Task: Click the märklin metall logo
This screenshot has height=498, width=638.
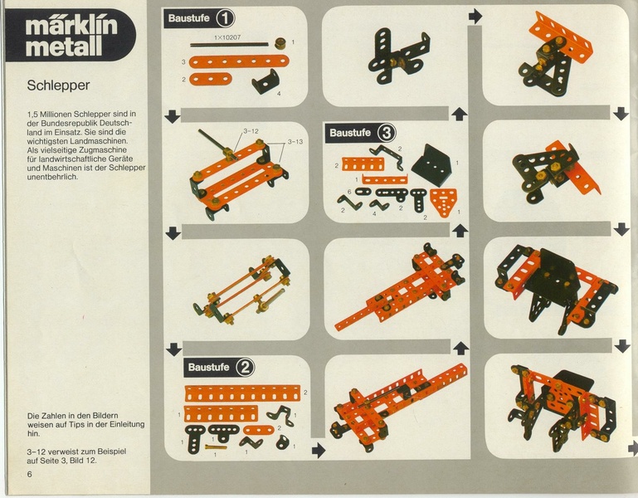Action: coord(71,36)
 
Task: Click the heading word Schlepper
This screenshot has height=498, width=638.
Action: coord(58,85)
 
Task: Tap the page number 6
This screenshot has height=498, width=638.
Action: coord(29,474)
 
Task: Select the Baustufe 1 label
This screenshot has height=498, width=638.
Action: coord(199,18)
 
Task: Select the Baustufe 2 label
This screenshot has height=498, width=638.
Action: coord(219,368)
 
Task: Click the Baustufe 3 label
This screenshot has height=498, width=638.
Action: coord(361,133)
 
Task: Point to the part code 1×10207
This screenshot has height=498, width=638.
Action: coord(227,37)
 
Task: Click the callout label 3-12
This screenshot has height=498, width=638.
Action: coord(251,131)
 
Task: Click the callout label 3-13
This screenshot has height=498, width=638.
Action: coord(295,142)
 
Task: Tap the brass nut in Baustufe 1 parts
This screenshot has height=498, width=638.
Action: coord(280,43)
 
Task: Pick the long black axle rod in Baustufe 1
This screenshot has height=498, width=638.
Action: coord(229,44)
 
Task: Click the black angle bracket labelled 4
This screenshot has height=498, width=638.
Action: coord(265,81)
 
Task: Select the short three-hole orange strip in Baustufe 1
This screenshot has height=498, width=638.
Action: coord(211,79)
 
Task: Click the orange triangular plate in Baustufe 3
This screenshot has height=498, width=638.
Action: coord(443,203)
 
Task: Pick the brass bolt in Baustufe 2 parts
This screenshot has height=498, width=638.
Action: coord(216,447)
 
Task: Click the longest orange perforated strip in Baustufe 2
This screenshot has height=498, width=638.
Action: coord(242,393)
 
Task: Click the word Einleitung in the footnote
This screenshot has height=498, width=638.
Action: coord(128,424)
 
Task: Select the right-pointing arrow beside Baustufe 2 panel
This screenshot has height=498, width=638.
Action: coord(319,451)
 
